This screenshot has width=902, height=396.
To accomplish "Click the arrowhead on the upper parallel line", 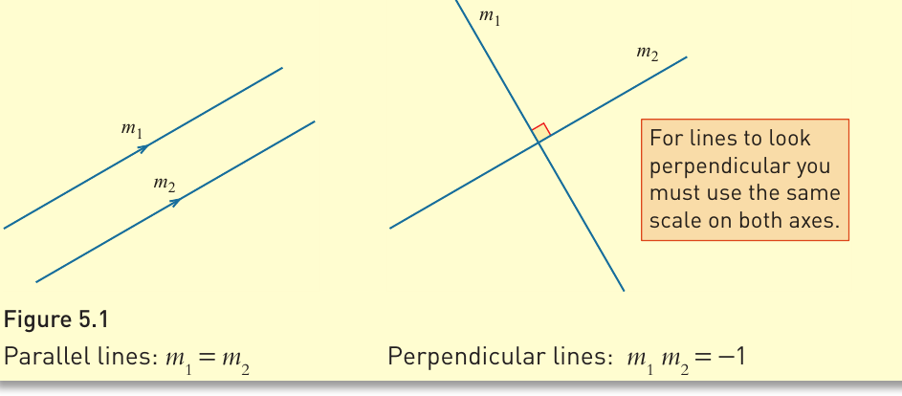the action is click(x=143, y=148).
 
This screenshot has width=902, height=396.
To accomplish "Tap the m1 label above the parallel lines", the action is click(x=131, y=129).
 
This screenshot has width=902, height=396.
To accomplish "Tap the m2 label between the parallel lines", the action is click(x=164, y=184).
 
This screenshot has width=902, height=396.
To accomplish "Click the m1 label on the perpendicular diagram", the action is click(x=490, y=17).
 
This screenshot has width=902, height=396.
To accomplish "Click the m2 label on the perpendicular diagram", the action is click(x=648, y=53).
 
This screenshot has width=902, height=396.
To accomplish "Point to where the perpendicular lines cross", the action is click(x=539, y=143).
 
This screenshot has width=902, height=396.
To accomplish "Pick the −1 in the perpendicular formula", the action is click(x=732, y=358).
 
